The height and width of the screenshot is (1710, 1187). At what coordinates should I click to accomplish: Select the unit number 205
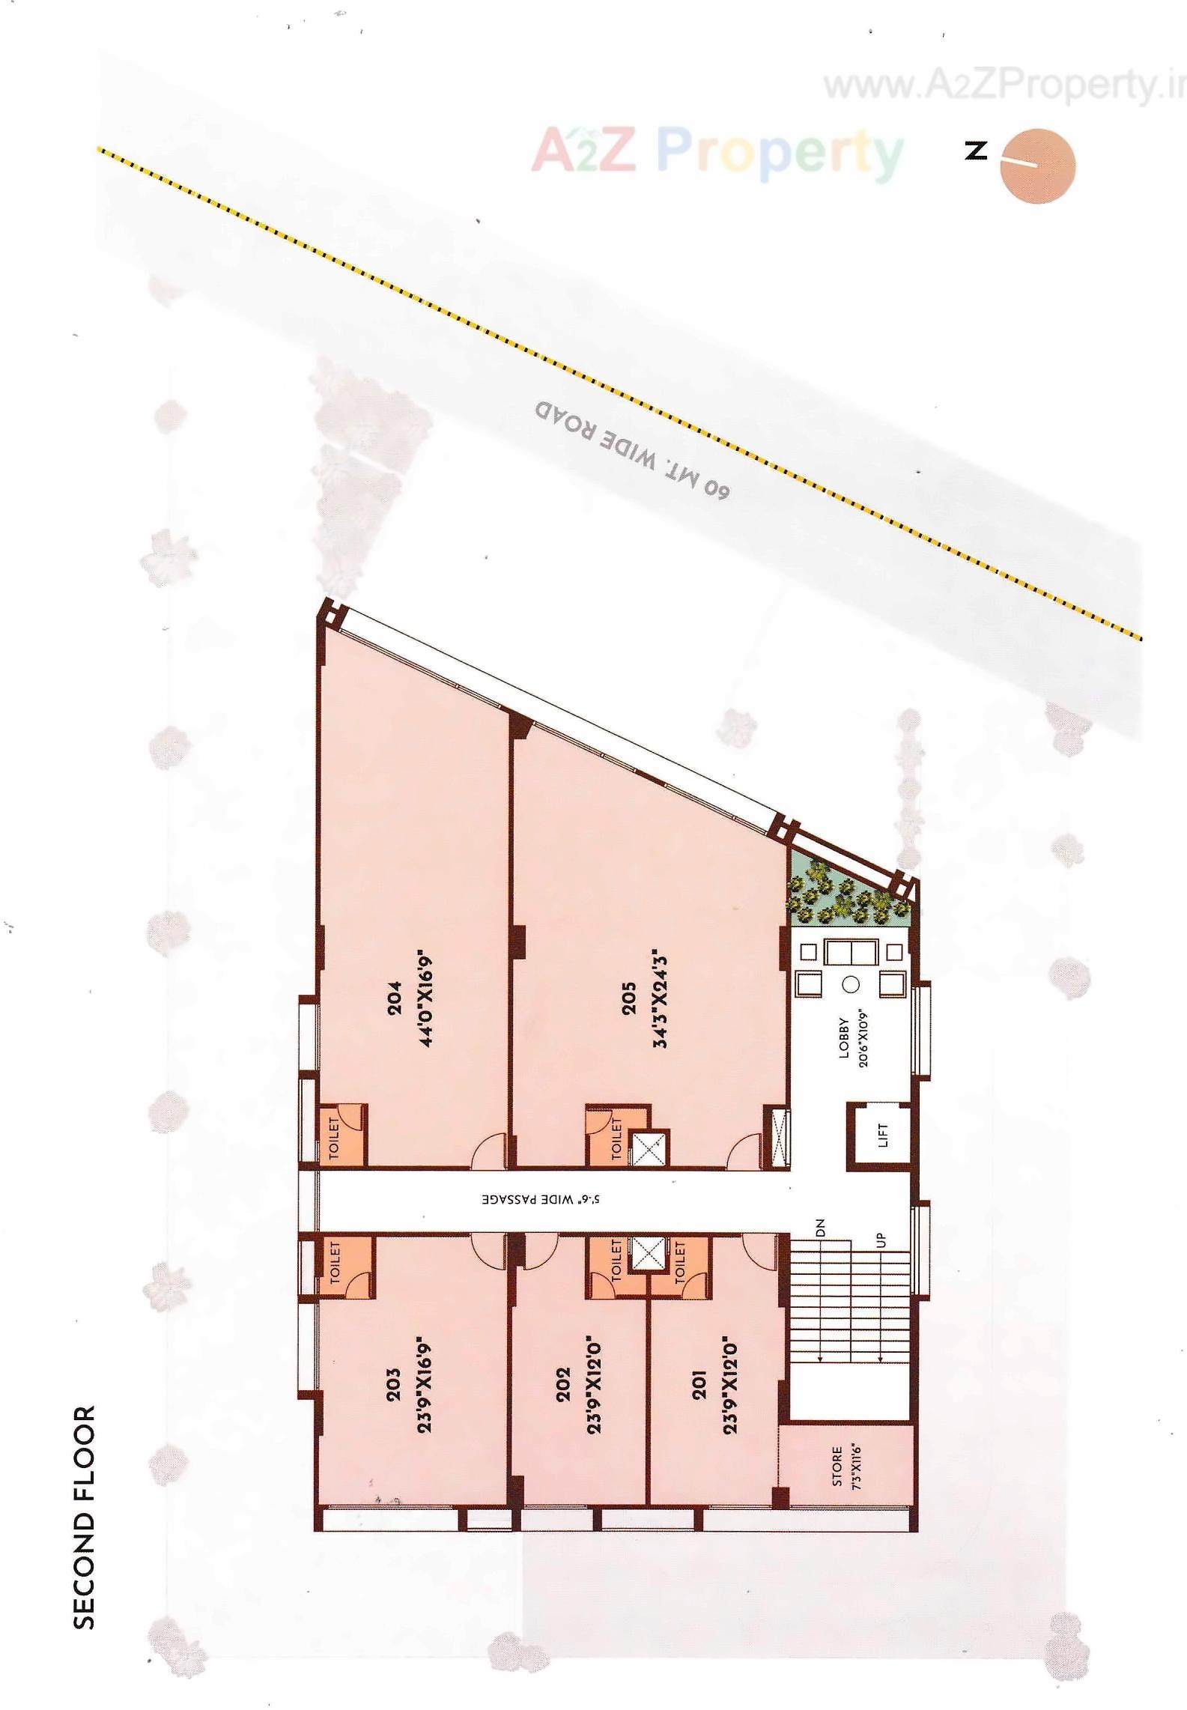[x=628, y=998]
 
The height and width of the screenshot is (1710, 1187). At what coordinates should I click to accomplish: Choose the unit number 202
[x=563, y=1385]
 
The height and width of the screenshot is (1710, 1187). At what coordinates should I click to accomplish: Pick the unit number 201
[x=699, y=1385]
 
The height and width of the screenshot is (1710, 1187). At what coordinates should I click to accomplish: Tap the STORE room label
[x=837, y=1466]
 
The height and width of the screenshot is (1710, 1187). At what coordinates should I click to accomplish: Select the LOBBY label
[x=844, y=1037]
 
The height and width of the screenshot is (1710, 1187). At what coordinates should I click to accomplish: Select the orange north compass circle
[x=1038, y=166]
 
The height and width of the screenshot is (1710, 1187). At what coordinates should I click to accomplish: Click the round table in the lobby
[x=850, y=985]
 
